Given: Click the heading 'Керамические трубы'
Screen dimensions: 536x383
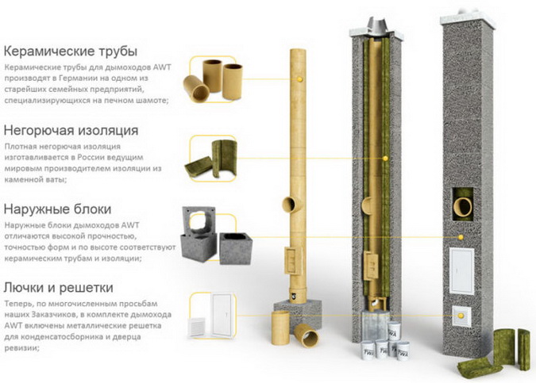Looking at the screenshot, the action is point(71,52).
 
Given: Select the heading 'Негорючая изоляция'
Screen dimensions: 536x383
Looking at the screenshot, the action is point(71,130).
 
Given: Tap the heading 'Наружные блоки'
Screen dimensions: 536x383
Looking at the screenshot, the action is point(57,209).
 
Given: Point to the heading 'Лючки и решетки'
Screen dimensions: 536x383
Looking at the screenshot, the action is point(58,288).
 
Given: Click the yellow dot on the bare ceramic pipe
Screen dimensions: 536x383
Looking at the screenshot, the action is point(300,79).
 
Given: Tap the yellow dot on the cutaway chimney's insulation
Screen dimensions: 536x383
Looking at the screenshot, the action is point(385,159).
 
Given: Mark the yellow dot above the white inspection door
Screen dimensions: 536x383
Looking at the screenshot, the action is point(461,237).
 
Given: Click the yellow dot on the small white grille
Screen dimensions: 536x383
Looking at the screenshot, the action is point(461,316).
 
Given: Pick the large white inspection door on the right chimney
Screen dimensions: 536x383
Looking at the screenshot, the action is point(461,271).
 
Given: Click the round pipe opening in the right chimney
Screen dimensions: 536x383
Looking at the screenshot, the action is point(463,206).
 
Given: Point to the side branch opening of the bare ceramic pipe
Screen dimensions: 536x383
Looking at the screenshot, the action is point(289,205).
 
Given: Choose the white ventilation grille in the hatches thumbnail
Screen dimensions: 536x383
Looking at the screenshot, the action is point(198,327).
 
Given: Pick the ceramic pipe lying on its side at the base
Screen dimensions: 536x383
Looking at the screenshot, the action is point(307,335).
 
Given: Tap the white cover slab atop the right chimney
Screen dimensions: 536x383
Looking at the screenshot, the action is point(468,21).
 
